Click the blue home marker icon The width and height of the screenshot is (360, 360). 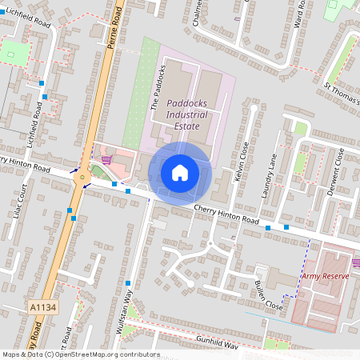[x=180, y=172]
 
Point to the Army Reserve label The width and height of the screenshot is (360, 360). [x=326, y=276]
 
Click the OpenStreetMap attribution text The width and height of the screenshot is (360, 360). [x=80, y=354]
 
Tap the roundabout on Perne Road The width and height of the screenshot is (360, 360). [x=82, y=178]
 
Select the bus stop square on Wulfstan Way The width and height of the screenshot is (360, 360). [x=128, y=283]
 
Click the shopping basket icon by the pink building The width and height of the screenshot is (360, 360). [x=106, y=160]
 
